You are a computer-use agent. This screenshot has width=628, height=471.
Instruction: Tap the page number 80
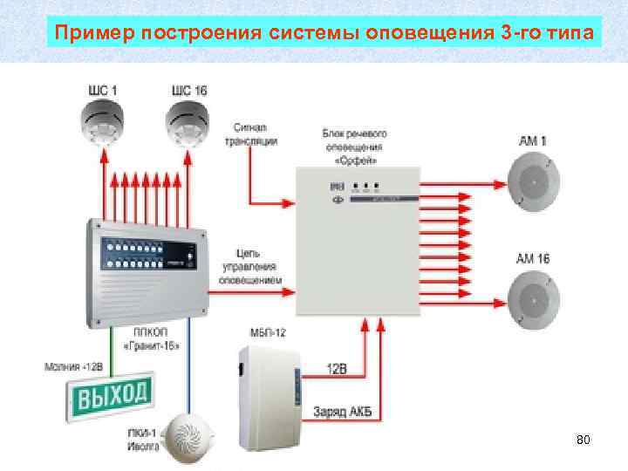(x=584, y=441)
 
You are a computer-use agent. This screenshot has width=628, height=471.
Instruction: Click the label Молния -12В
(x=75, y=365)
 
